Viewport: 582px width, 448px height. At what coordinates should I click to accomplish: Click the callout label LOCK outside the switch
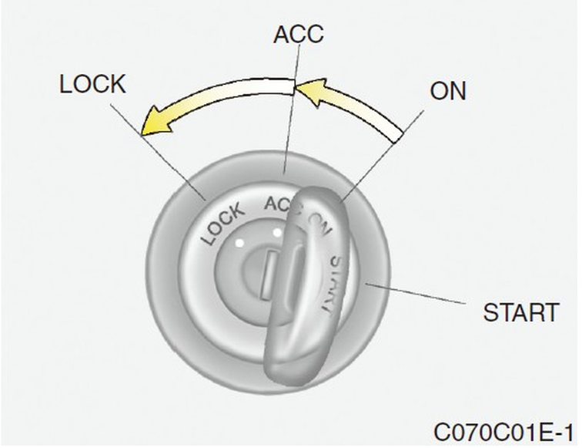coord(92,84)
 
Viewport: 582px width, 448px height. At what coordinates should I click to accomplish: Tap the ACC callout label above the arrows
coord(299,34)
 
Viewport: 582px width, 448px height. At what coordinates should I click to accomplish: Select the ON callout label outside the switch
coord(447,91)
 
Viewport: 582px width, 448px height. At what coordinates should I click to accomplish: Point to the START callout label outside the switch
coord(520,314)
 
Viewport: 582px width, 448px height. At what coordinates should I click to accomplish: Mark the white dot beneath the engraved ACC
coord(276,231)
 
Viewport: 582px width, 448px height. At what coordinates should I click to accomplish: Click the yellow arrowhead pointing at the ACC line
coord(308,92)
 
